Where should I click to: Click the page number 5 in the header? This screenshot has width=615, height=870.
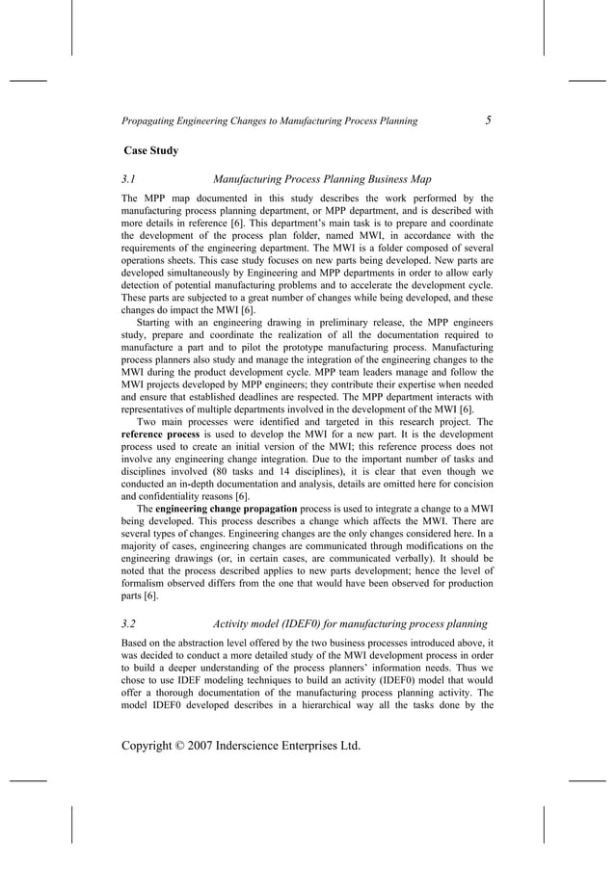coord(489,120)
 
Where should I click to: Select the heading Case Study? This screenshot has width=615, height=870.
coord(151,150)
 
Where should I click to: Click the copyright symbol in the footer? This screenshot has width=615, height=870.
coord(197,744)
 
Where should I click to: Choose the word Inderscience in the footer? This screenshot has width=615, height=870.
coord(286,744)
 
